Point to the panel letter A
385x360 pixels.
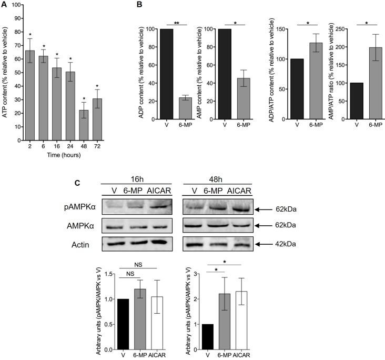pos(5,5)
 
